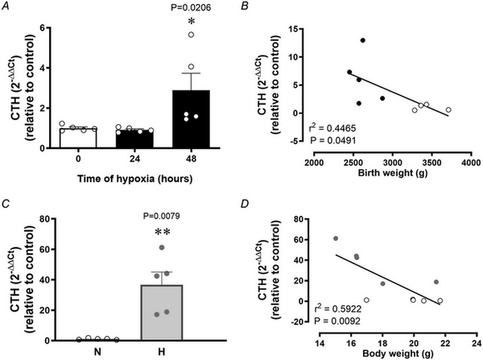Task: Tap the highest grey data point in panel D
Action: [x=335, y=238]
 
